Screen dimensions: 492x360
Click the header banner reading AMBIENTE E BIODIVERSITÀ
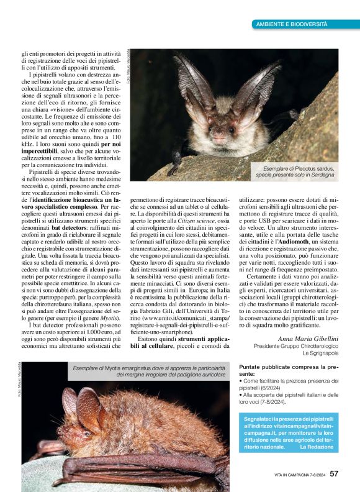tap(292, 24)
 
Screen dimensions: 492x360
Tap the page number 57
tap(335, 474)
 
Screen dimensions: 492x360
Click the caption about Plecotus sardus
tap(295, 172)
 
